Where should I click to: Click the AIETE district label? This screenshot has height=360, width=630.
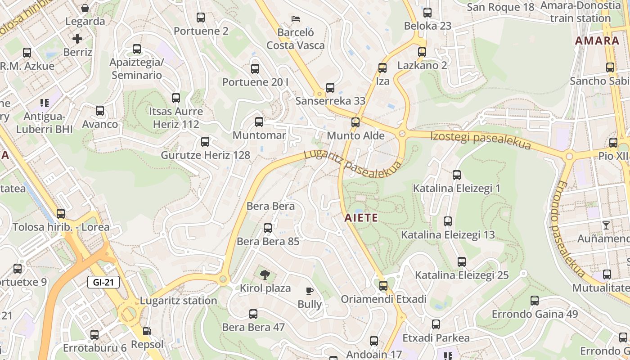[361, 218]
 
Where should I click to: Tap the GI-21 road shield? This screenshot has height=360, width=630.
[103, 283]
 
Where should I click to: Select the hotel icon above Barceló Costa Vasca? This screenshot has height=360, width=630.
[296, 19]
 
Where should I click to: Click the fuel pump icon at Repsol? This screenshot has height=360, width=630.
[147, 332]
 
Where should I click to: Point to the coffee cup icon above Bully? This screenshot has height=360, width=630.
[309, 291]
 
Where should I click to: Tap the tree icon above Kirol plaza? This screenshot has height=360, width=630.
[265, 274]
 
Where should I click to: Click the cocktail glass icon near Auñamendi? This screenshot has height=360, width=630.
[606, 225]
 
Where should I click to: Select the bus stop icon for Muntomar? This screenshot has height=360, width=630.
[259, 121]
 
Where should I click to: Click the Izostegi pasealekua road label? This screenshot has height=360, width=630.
[481, 140]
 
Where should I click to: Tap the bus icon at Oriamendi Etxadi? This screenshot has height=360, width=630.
[383, 285]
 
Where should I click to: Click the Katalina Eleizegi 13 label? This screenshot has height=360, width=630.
[448, 234]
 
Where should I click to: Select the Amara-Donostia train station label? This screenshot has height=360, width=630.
[580, 12]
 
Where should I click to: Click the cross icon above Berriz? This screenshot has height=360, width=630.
[77, 39]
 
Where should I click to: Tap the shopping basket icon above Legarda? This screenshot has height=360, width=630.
[85, 8]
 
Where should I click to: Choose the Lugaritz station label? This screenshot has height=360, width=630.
[179, 301]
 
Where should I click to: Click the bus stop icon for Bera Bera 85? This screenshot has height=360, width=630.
[268, 228]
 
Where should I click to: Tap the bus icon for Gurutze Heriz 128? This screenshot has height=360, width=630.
[205, 142]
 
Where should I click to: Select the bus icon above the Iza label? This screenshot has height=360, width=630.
[382, 68]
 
